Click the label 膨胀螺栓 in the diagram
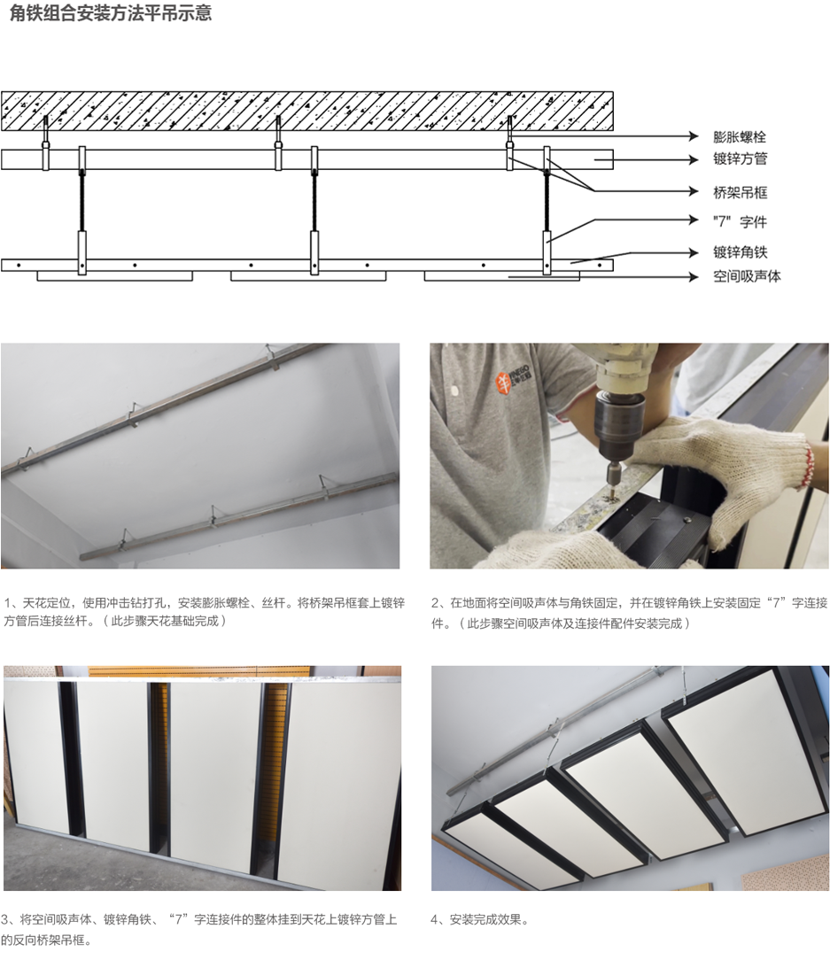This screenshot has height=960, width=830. click(x=740, y=136)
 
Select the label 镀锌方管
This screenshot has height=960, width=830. click(x=740, y=159)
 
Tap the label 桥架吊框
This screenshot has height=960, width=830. click(x=740, y=193)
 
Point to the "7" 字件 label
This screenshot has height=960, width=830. click(x=740, y=221)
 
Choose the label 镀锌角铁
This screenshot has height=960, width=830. click(x=740, y=252)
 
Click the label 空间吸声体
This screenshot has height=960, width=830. click(x=747, y=276)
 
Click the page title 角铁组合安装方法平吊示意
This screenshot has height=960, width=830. click(x=111, y=13)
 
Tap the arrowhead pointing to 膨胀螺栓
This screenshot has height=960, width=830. click(x=694, y=135)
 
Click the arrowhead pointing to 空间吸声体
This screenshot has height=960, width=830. click(x=694, y=276)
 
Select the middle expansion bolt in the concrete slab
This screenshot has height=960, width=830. click(x=278, y=130)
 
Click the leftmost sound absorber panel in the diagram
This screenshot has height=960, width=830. click(x=115, y=276)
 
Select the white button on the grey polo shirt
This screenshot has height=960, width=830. click(x=454, y=390)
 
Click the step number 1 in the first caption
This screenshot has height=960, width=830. click(x=7, y=603)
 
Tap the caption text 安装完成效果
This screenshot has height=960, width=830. click(x=487, y=919)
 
